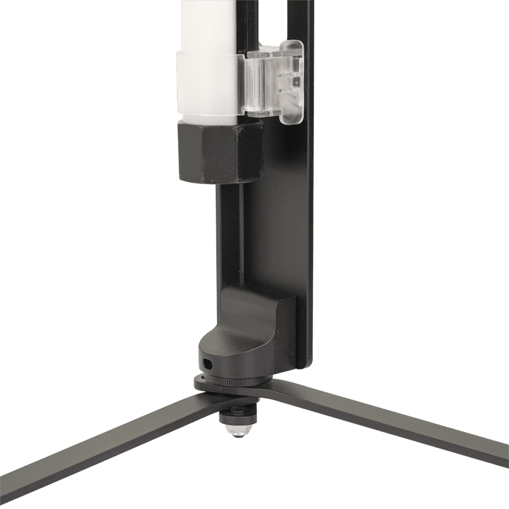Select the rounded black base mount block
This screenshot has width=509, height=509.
pyautogui.click(x=248, y=331)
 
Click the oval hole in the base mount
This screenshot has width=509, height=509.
pyautogui.click(x=207, y=363)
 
